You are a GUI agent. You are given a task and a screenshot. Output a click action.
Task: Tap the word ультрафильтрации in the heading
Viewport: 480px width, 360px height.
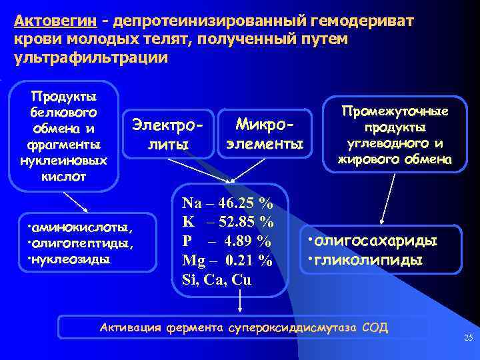[90, 57]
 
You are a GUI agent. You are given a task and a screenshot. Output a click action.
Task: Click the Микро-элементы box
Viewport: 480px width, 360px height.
[265, 133]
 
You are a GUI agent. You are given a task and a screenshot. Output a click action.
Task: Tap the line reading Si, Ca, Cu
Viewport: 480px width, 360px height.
[217, 279]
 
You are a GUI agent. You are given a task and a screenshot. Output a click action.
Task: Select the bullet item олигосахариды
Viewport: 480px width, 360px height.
[373, 239]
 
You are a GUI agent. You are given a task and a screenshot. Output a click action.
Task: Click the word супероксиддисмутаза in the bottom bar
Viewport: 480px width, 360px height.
[293, 327]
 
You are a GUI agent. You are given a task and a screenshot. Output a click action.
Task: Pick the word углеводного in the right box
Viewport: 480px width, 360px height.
[391, 143]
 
